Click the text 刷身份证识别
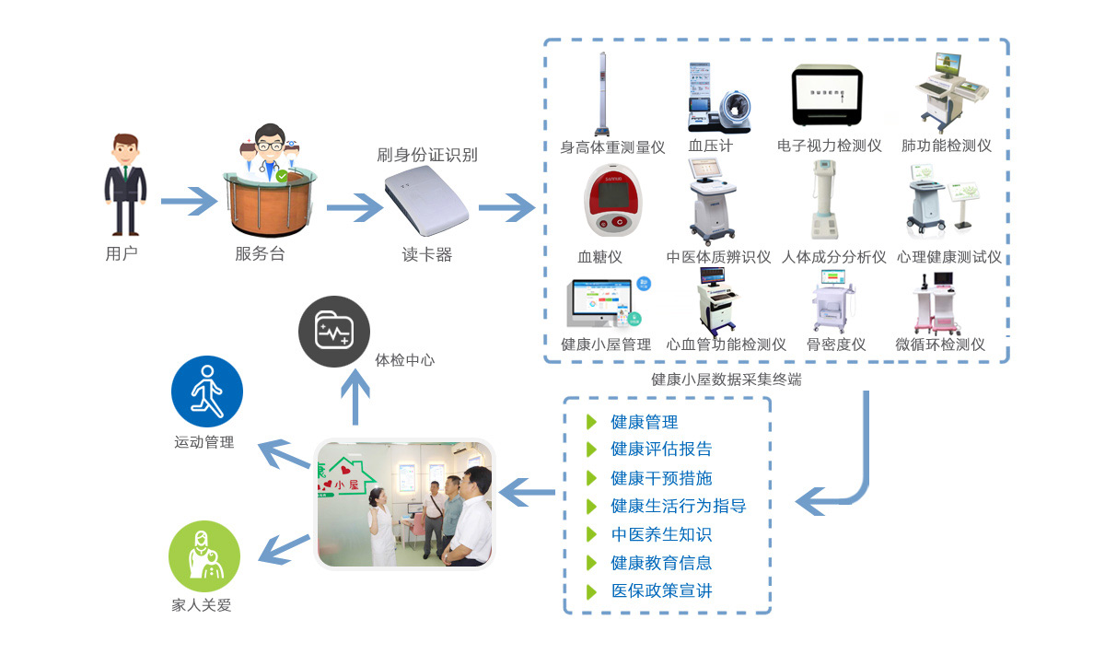click(x=427, y=155)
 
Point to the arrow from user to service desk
click(x=188, y=201)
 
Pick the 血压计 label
click(x=711, y=146)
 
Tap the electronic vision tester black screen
click(x=827, y=96)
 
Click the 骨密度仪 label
click(x=836, y=345)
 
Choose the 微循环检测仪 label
click(x=940, y=345)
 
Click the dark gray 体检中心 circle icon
click(x=334, y=331)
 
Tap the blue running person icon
click(x=206, y=391)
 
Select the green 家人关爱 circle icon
click(x=204, y=555)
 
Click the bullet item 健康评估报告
click(x=661, y=450)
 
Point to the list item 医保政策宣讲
click(x=661, y=591)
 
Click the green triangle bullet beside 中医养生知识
click(x=592, y=534)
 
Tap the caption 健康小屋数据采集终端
click(x=727, y=379)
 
